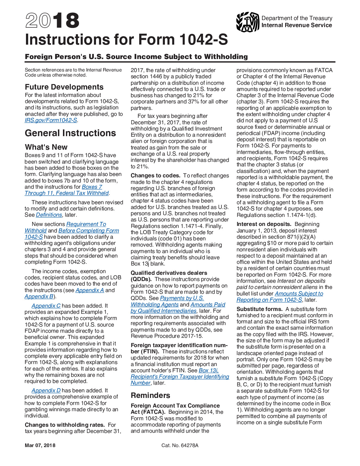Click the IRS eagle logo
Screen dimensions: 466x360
pyautogui.click(x=247, y=22)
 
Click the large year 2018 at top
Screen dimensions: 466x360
pyautogui.click(x=52, y=21)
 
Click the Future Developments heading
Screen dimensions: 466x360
pyautogui.click(x=64, y=87)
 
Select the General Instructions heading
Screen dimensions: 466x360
pyautogui.click(x=70, y=133)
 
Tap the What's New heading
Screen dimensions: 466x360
pyautogui.click(x=46, y=147)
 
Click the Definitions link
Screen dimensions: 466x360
pyautogui.click(x=49, y=215)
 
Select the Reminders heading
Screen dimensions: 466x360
pyautogui.click(x=150, y=395)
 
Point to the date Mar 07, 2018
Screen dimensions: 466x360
pyautogui.click(x=40, y=446)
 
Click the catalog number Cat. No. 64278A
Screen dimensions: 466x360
pyautogui.click(x=180, y=446)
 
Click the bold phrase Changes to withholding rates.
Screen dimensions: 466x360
pyautogui.click(x=65, y=425)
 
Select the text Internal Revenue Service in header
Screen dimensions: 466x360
pyautogui.click(x=296, y=25)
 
